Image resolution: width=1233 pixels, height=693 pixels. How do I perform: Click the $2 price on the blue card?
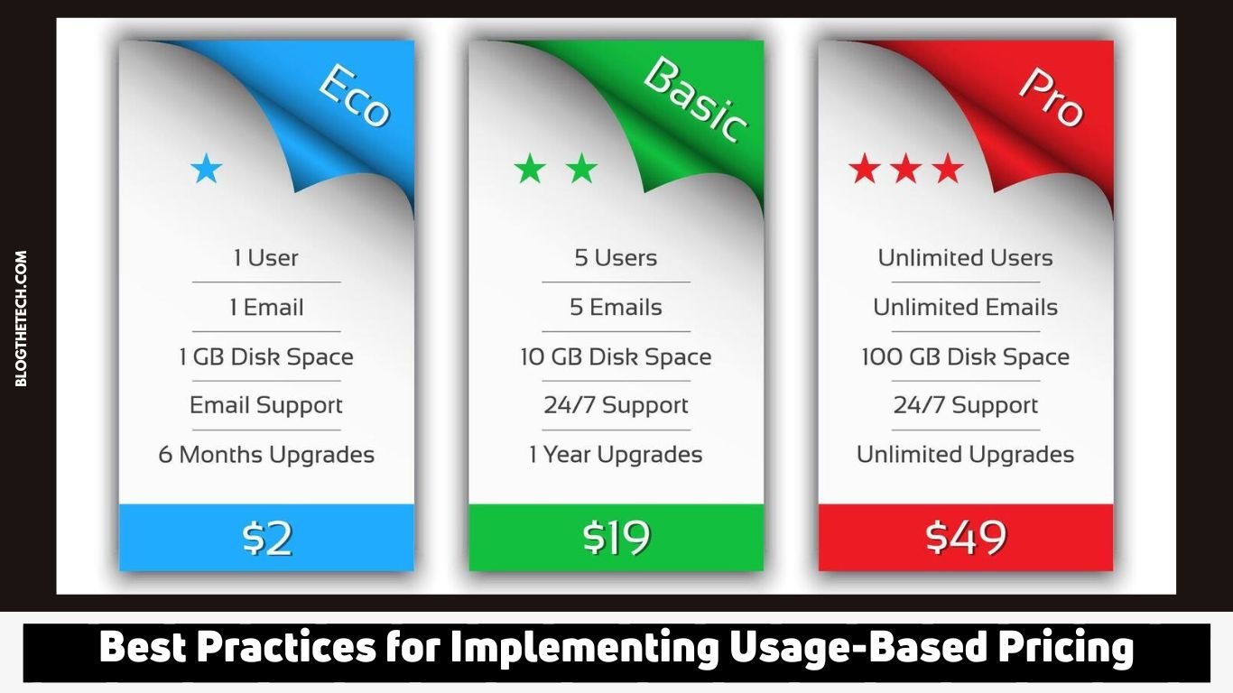coord(267,538)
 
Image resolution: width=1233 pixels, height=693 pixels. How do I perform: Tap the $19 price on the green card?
coord(616,538)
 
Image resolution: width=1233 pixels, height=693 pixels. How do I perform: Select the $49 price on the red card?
coord(966,538)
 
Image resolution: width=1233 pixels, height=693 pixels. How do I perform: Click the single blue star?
coord(207,169)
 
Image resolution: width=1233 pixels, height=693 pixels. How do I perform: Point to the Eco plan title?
coord(355,96)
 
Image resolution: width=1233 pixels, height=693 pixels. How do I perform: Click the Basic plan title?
coord(696,100)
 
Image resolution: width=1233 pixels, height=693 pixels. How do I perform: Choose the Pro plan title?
coord(1052,97)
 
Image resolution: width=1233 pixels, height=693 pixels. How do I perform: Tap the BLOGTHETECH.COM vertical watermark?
coord(21,319)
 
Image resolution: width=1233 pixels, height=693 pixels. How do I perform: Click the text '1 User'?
coord(266,257)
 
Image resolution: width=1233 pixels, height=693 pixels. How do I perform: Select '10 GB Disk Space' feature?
coord(616,357)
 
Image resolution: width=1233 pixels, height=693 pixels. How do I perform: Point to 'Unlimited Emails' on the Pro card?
coord(966,307)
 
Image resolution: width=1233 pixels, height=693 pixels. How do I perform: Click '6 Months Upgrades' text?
coord(266,455)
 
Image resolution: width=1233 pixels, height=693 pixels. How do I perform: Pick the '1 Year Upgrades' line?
coord(616,455)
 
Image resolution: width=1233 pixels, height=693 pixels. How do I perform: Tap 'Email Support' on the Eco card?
coord(266,406)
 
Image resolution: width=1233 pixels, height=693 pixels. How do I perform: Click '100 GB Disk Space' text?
coord(966,357)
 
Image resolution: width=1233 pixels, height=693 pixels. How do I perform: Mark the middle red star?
coord(906,169)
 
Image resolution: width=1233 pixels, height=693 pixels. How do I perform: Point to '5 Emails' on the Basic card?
coord(616,307)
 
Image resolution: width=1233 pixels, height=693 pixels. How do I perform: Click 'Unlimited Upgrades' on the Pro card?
coord(966,455)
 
